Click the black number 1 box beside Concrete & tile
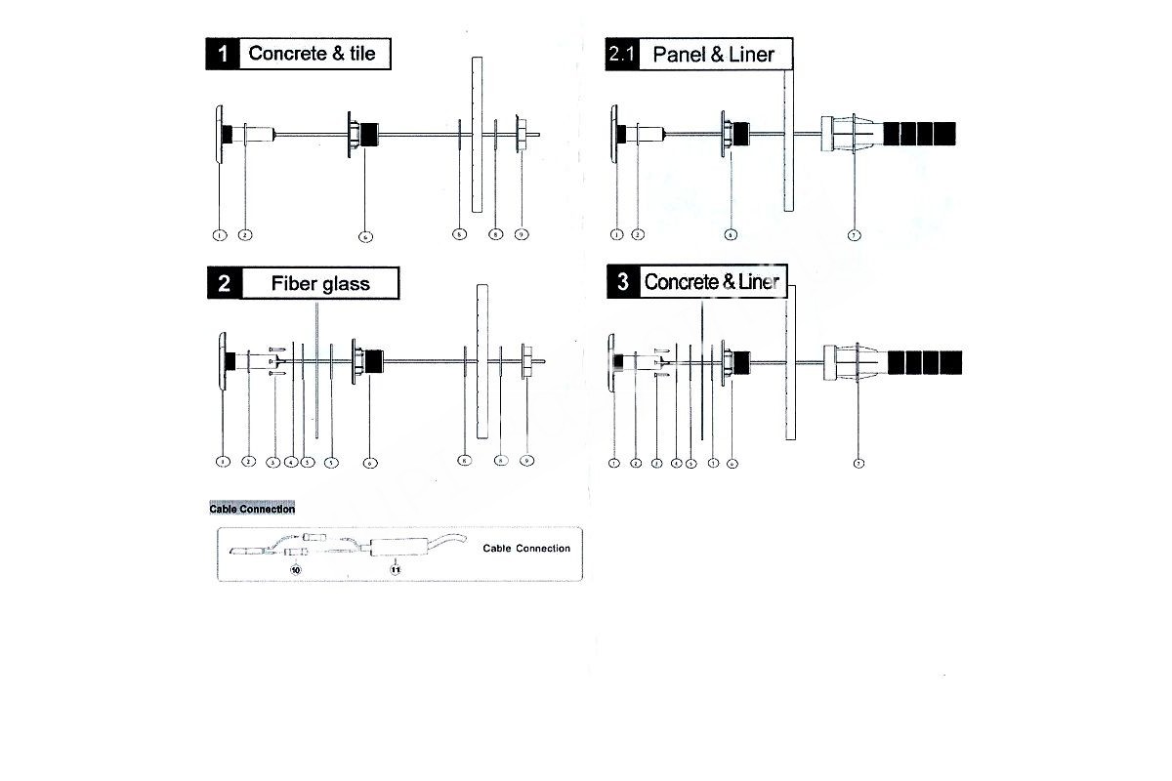pyautogui.click(x=223, y=54)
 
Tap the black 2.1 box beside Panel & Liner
pyautogui.click(x=621, y=55)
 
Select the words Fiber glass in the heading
pyautogui.click(x=320, y=284)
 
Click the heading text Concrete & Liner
pyautogui.click(x=712, y=283)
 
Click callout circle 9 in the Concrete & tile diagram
pyautogui.click(x=523, y=234)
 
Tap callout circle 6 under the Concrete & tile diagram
pyautogui.click(x=365, y=236)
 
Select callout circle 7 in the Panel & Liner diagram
pyautogui.click(x=855, y=235)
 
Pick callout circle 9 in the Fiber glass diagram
pyautogui.click(x=527, y=460)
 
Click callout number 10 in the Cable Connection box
pyautogui.click(x=295, y=567)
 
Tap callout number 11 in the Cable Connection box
pyautogui.click(x=396, y=567)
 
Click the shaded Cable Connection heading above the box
pyautogui.click(x=252, y=509)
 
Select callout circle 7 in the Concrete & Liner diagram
pyautogui.click(x=858, y=463)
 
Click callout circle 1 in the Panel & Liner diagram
pyautogui.click(x=615, y=234)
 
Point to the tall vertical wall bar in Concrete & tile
pyautogui.click(x=477, y=134)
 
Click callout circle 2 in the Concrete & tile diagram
pyautogui.click(x=246, y=234)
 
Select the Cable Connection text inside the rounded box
pyautogui.click(x=526, y=549)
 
